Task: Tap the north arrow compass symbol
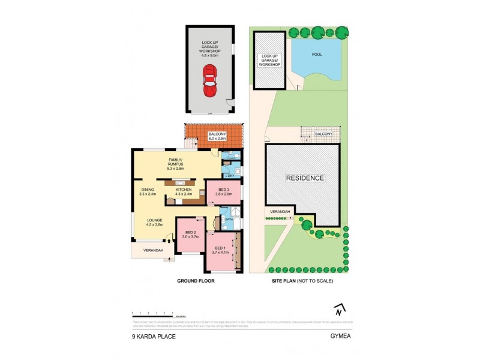[x=340, y=310]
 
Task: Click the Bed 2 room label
[x=190, y=235]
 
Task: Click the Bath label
[x=229, y=220]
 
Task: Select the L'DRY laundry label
[x=229, y=175]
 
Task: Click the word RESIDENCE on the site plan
[x=304, y=178]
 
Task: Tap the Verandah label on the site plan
[x=279, y=212]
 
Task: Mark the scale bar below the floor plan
[x=157, y=313]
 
